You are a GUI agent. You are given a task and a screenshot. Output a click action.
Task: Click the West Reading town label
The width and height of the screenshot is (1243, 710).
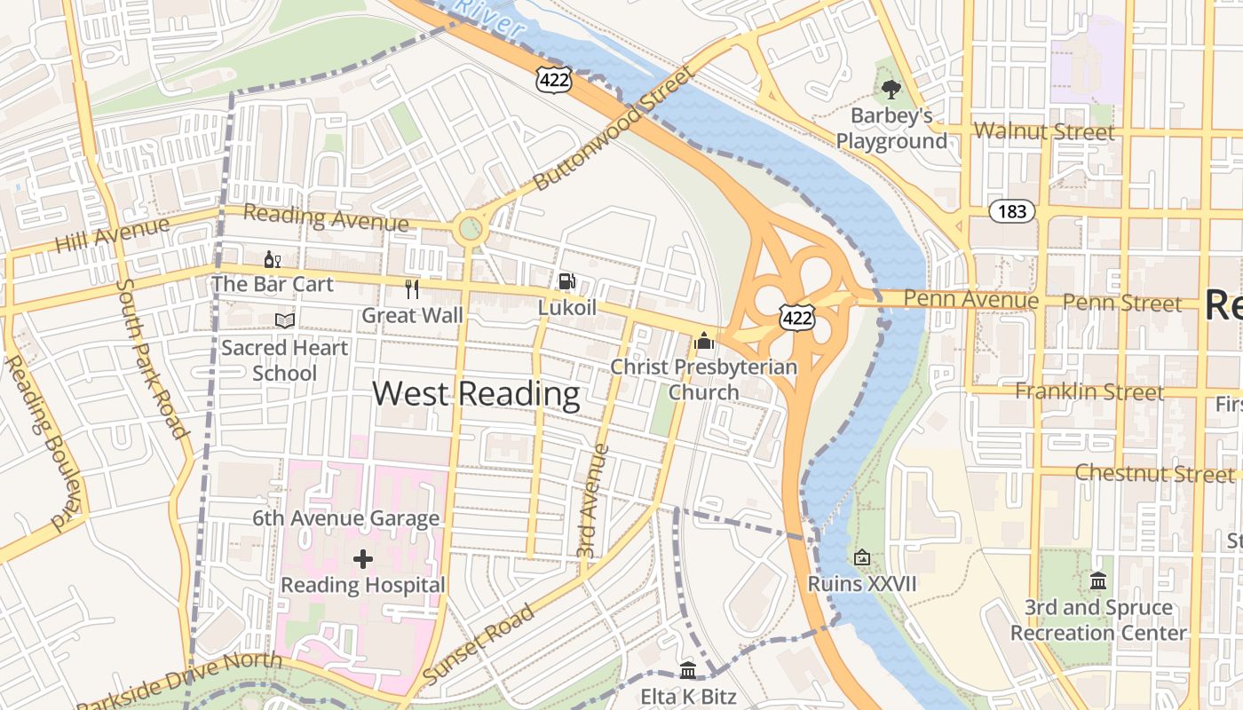(476, 393)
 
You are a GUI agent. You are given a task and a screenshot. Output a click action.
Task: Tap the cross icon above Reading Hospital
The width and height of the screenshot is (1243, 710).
(363, 559)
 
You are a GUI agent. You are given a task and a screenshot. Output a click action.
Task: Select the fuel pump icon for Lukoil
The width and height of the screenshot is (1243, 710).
(566, 281)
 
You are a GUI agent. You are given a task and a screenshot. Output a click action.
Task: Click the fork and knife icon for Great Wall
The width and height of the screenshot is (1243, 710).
(411, 288)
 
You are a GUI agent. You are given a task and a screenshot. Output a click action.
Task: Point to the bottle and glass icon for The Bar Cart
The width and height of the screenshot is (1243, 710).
(272, 259)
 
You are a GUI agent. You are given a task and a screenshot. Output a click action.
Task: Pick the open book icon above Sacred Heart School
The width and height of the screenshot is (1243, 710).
(285, 320)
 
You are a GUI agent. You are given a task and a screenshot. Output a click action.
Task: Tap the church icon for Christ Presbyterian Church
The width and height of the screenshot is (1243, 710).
(704, 341)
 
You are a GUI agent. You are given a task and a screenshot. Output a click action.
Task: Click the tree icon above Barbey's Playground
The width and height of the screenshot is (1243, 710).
(891, 89)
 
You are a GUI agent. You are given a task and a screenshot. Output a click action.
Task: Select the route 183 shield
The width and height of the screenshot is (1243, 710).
(1012, 210)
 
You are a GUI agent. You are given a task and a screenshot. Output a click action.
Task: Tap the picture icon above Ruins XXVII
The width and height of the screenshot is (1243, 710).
(861, 557)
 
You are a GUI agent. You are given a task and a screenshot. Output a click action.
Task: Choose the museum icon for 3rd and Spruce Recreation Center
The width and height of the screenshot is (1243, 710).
(1098, 581)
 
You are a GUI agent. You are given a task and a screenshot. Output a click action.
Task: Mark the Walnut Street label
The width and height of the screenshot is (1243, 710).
(1043, 132)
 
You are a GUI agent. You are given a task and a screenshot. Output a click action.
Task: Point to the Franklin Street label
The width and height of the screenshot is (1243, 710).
(1089, 391)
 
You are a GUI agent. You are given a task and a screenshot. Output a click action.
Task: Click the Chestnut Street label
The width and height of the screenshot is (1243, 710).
(1142, 472)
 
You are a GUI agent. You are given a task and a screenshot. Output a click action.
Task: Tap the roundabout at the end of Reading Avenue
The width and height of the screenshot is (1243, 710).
(471, 231)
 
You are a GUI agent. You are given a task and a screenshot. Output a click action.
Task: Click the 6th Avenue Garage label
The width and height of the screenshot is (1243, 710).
(345, 518)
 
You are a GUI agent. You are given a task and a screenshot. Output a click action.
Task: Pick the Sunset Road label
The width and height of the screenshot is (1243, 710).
(479, 643)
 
